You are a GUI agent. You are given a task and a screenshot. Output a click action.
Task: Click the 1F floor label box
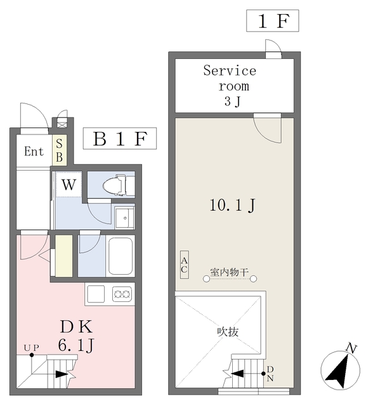pyautogui.click(x=273, y=21)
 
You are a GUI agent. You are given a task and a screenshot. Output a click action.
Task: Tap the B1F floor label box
pyautogui.click(x=120, y=138)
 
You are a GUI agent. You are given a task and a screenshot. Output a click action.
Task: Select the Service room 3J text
pyautogui.click(x=230, y=86)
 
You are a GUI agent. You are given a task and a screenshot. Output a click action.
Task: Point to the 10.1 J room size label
pyautogui.click(x=232, y=205)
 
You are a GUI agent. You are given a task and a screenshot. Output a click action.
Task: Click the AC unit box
pyautogui.click(x=185, y=265)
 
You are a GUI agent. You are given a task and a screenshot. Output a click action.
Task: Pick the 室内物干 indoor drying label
pyautogui.click(x=230, y=272)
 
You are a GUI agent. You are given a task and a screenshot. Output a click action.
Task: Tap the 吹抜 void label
pyautogui.click(x=228, y=332)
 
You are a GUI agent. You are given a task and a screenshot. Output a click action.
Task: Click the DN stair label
pyautogui.click(x=270, y=374)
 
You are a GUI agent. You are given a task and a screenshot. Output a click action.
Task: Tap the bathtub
pyautogui.click(x=121, y=256)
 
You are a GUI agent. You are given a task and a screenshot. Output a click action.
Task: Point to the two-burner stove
pyautogui.click(x=122, y=294)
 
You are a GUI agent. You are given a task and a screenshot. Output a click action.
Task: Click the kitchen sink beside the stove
pyautogui.click(x=96, y=294)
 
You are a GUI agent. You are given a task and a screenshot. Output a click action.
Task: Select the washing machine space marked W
pyautogui.click(x=69, y=185)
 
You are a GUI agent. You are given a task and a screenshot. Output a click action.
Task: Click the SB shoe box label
pyautogui.click(x=59, y=150)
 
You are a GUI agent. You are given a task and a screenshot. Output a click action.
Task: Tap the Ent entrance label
pyautogui.click(x=34, y=151)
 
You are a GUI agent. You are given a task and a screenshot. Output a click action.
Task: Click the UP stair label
pyautogui.click(x=31, y=348)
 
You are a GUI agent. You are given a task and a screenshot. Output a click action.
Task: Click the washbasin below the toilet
pyautogui.click(x=124, y=218)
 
